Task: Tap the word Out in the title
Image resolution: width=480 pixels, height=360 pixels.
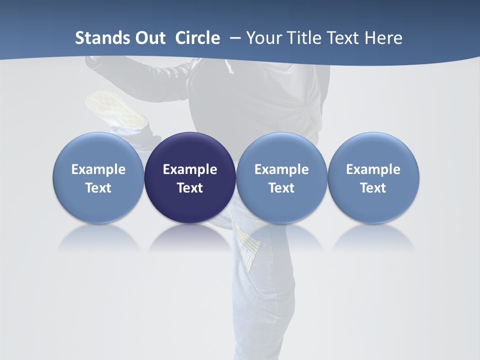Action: [149, 38]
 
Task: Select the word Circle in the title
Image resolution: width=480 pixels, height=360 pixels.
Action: [197, 38]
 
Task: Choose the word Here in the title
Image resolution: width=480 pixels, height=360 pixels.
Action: [384, 38]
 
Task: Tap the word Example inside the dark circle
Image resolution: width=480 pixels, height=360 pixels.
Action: [190, 169]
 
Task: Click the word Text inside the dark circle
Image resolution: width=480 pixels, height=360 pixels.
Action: [190, 188]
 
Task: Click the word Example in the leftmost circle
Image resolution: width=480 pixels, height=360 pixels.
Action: [98, 169]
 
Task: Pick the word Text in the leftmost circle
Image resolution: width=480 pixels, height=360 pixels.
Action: [98, 188]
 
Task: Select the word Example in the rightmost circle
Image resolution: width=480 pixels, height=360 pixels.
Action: [373, 169]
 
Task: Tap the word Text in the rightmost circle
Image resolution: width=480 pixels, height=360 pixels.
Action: [373, 188]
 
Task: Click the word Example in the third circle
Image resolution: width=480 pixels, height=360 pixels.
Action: [281, 169]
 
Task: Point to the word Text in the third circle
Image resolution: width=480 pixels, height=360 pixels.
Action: [281, 188]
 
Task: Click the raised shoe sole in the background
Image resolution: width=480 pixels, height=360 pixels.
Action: [114, 107]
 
